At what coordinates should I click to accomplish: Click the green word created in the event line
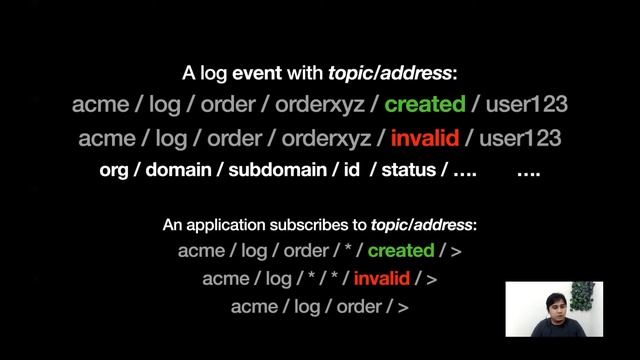point(425,103)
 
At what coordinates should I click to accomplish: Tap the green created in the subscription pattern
point(401,250)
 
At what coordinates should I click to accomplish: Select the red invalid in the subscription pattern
point(387,278)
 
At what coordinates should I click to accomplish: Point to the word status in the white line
point(407,170)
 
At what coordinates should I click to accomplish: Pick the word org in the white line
point(115,170)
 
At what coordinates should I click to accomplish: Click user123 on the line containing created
point(526,103)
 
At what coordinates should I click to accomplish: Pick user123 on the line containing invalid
point(520,137)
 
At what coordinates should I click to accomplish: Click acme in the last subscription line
point(253,306)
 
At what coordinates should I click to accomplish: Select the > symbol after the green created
point(457,250)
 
